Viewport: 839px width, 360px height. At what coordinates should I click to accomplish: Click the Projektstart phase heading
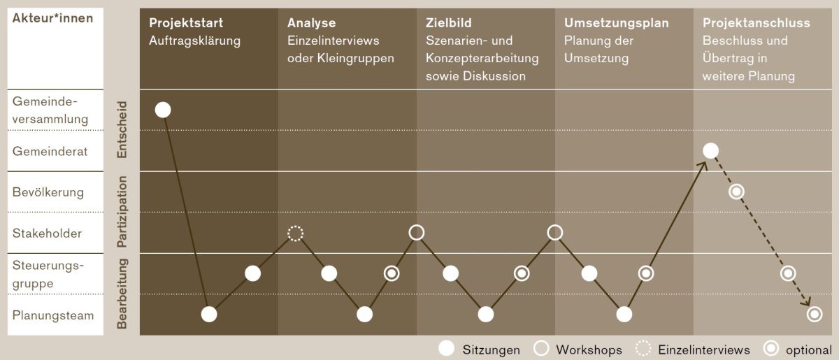pyautogui.click(x=186, y=23)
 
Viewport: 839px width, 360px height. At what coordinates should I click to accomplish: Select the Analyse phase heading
pyautogui.click(x=311, y=23)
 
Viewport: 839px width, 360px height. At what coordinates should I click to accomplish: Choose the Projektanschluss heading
pyautogui.click(x=756, y=23)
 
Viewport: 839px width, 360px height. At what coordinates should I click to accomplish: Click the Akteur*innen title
pyautogui.click(x=52, y=18)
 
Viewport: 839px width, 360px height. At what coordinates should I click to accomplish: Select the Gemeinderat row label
pyautogui.click(x=50, y=151)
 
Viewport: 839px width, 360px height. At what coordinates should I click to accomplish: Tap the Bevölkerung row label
pyautogui.click(x=48, y=192)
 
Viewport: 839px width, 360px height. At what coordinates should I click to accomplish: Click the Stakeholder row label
pyautogui.click(x=47, y=233)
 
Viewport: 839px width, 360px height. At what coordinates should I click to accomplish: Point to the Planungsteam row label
pyautogui.click(x=52, y=315)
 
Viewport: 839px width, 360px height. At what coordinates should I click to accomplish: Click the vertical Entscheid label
pyautogui.click(x=122, y=129)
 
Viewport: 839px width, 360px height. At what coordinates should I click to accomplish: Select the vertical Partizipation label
pyautogui.click(x=122, y=212)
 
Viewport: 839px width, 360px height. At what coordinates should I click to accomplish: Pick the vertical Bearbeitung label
pyautogui.click(x=122, y=294)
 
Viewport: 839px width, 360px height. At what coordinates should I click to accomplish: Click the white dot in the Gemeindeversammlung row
pyautogui.click(x=163, y=110)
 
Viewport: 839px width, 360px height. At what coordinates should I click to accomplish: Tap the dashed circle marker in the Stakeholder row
pyautogui.click(x=296, y=233)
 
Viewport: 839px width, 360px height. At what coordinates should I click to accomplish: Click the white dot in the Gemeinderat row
pyautogui.click(x=710, y=150)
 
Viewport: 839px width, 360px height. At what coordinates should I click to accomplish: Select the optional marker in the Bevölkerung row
pyautogui.click(x=736, y=192)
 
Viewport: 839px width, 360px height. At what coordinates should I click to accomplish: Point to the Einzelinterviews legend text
pyautogui.click(x=704, y=350)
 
